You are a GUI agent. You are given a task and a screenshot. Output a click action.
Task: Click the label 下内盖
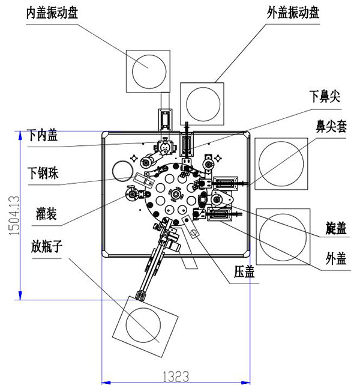click(43, 136)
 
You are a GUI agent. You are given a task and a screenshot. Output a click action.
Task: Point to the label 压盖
click(245, 272)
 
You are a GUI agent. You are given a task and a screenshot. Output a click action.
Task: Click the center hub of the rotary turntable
click(176, 193)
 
